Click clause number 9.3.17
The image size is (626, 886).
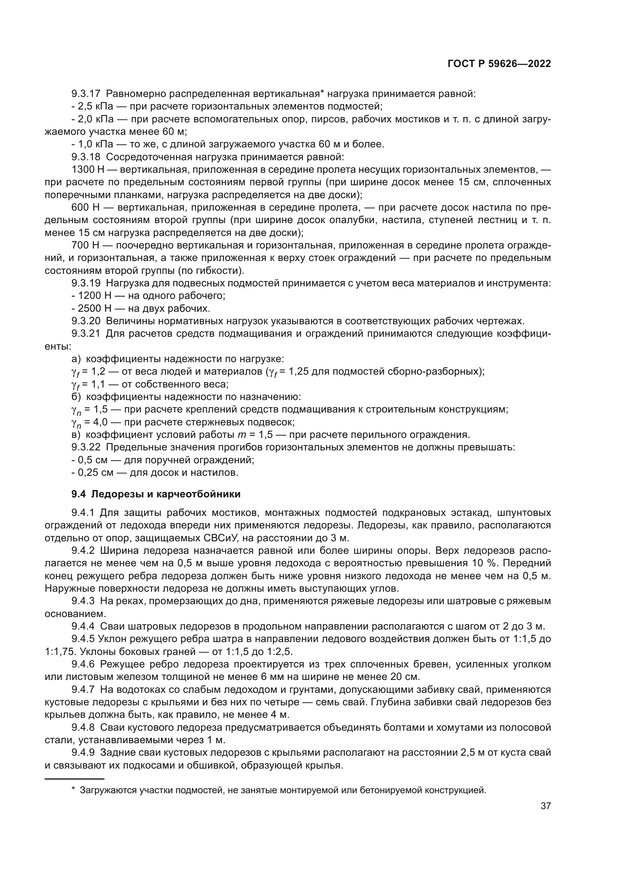pos(86,94)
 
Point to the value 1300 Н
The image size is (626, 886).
pos(86,170)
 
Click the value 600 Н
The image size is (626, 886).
pos(86,208)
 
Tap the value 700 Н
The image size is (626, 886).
pos(86,245)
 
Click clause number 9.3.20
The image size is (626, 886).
pos(86,321)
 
